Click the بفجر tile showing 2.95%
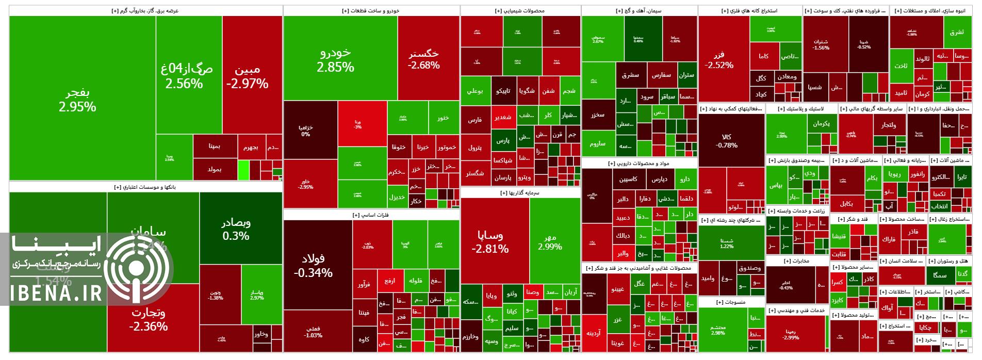pos(77,100)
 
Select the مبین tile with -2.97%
pos(247,77)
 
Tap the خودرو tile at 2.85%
pos(335,59)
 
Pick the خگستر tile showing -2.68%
pos(423,59)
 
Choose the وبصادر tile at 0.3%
pos(236,229)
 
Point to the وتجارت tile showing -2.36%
pos(148,319)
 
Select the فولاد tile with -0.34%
pos(313,265)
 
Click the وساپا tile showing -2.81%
pos(490,241)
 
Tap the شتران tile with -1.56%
pos(821,44)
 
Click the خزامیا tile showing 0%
pos(306,130)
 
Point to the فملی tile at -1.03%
pos(313,332)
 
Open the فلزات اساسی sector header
pos(371,215)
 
